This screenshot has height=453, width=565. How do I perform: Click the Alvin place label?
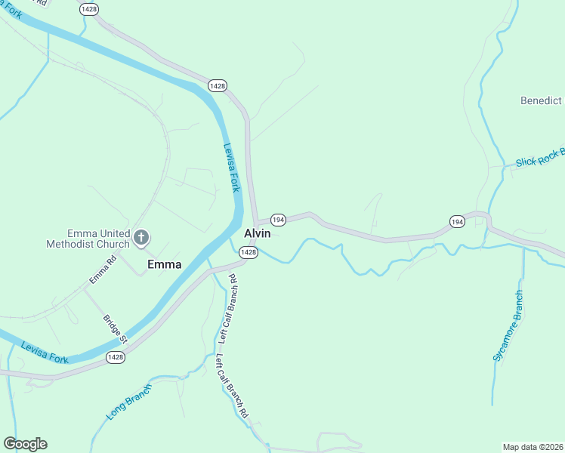click(257, 234)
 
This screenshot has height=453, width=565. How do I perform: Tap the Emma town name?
click(164, 264)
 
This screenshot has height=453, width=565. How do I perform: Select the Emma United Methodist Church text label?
click(88, 239)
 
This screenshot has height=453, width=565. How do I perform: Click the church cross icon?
click(140, 239)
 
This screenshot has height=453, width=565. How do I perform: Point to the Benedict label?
click(541, 100)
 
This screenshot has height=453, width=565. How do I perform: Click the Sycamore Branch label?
click(508, 325)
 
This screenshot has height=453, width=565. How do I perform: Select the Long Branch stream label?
click(128, 402)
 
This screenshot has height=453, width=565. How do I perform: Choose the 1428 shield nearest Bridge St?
click(115, 357)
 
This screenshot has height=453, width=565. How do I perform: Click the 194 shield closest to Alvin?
click(278, 220)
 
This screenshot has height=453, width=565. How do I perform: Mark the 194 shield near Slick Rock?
click(456, 221)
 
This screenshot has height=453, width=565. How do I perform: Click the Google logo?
click(25, 444)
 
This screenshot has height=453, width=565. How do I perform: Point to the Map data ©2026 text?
click(533, 446)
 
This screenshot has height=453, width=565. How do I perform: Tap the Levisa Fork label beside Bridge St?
click(45, 353)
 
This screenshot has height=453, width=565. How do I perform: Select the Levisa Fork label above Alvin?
click(231, 168)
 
